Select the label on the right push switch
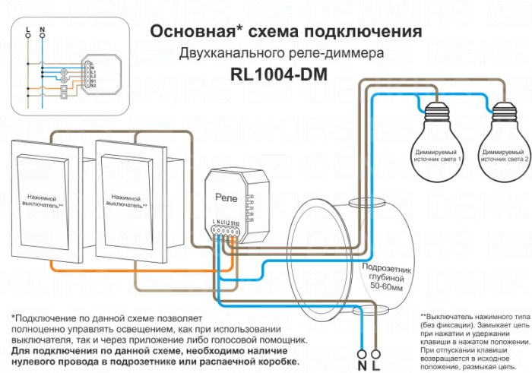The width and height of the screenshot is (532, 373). (x=128, y=201)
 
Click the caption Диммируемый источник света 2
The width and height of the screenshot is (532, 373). (x=505, y=156)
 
